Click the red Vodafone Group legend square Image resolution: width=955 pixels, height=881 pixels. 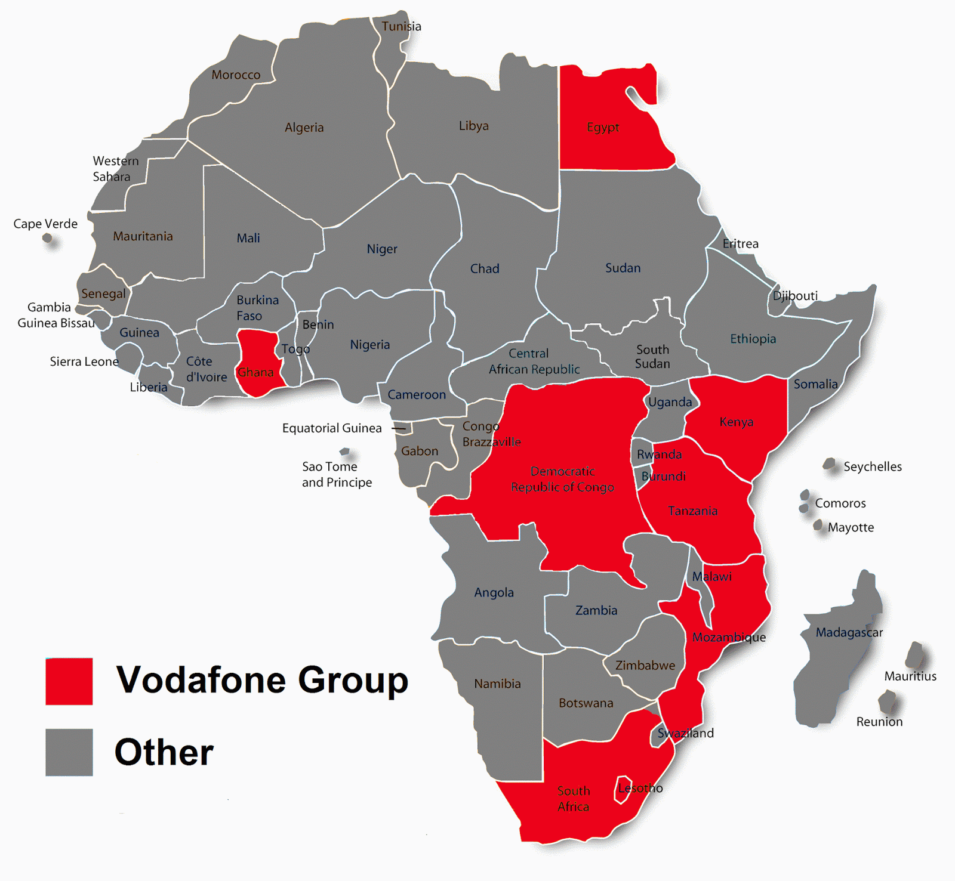tap(69, 681)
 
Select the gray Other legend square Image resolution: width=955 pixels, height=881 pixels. tap(69, 752)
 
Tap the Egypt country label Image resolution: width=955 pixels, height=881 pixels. tap(603, 127)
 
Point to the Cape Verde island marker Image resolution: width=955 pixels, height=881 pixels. tap(47, 239)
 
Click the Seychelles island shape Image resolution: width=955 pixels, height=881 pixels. tap(829, 463)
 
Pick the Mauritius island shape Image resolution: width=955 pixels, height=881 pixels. tap(915, 655)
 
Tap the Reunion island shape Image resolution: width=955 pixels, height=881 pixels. tap(888, 701)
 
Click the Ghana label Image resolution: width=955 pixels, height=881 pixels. tap(255, 372)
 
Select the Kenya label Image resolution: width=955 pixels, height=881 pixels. tap(736, 422)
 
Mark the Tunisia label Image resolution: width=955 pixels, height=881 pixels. tap(401, 26)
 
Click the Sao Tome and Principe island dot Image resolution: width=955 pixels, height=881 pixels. tap(344, 452)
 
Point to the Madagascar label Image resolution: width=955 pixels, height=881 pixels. tap(849, 632)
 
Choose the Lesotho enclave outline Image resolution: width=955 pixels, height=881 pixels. tap(623, 789)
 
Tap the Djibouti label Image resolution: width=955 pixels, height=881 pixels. tap(795, 296)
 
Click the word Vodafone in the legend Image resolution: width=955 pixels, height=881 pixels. tap(200, 679)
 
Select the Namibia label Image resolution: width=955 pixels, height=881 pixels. tap(497, 684)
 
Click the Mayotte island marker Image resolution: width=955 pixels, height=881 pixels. tap(818, 525)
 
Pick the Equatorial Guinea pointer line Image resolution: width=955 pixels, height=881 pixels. tap(398, 428)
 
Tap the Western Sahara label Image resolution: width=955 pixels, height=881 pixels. tap(115, 169)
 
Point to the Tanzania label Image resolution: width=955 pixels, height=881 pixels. tap(692, 511)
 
